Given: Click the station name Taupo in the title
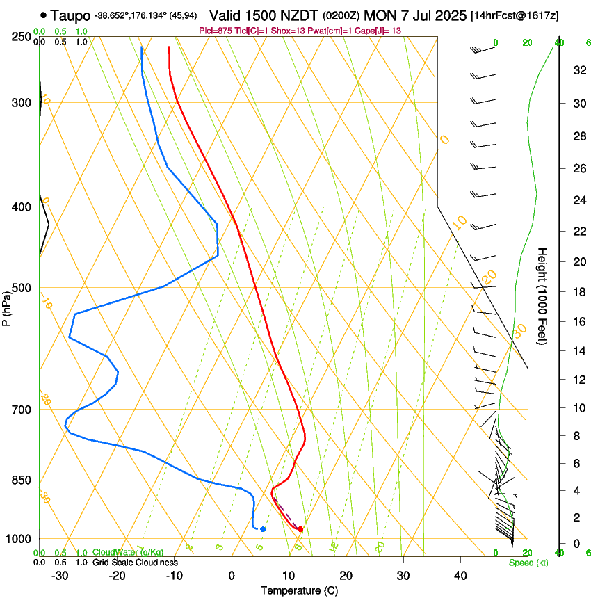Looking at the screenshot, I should pyautogui.click(x=70, y=15).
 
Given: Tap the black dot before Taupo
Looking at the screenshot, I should pyautogui.click(x=44, y=15).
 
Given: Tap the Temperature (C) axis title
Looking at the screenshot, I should pyautogui.click(x=299, y=590).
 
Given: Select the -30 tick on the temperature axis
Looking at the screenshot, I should pyautogui.click(x=60, y=575).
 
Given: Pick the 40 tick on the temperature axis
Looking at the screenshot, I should pyautogui.click(x=460, y=575).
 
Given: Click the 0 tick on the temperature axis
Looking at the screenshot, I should pyautogui.click(x=232, y=575).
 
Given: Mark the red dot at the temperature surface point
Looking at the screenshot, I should pyautogui.click(x=300, y=529).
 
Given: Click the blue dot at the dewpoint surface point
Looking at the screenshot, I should pyautogui.click(x=263, y=529).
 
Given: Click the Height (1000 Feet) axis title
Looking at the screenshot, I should pyautogui.click(x=542, y=296).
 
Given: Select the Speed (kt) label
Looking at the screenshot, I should pyautogui.click(x=528, y=563).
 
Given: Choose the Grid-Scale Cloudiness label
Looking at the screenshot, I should pyautogui.click(x=135, y=563).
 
